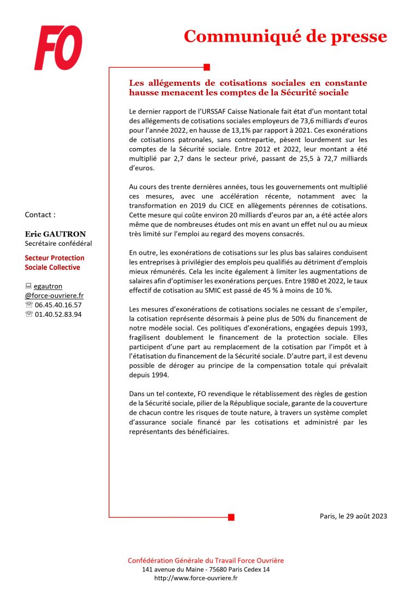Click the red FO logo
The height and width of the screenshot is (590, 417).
(x=58, y=48)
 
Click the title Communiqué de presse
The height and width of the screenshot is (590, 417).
(x=285, y=36)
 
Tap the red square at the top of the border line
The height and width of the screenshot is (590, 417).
(x=206, y=67)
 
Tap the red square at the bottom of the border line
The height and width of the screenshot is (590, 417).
(x=231, y=517)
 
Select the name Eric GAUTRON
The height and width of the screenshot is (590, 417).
(x=55, y=234)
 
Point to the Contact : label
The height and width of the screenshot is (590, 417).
(x=40, y=215)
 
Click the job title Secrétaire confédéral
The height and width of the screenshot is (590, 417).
(x=58, y=244)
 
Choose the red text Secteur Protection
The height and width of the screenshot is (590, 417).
(x=55, y=258)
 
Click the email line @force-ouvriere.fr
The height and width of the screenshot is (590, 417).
(x=54, y=296)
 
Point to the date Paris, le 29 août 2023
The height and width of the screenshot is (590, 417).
(x=353, y=516)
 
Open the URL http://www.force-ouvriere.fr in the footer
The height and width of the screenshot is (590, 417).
(x=196, y=578)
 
